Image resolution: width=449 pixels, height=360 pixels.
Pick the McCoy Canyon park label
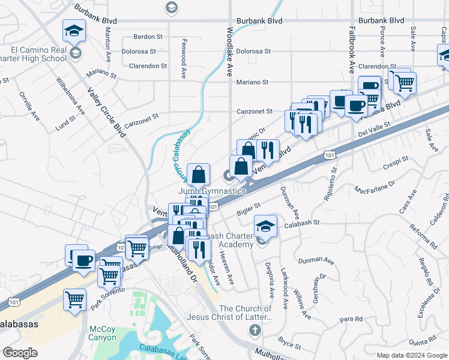point(102,333)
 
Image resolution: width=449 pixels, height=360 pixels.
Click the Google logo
point(20,352)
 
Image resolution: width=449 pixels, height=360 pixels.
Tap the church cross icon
point(255,330)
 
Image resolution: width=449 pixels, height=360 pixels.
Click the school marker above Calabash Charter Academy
point(265,226)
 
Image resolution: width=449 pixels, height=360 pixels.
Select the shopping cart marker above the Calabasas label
point(74,298)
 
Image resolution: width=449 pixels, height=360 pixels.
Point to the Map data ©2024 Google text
point(411,355)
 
